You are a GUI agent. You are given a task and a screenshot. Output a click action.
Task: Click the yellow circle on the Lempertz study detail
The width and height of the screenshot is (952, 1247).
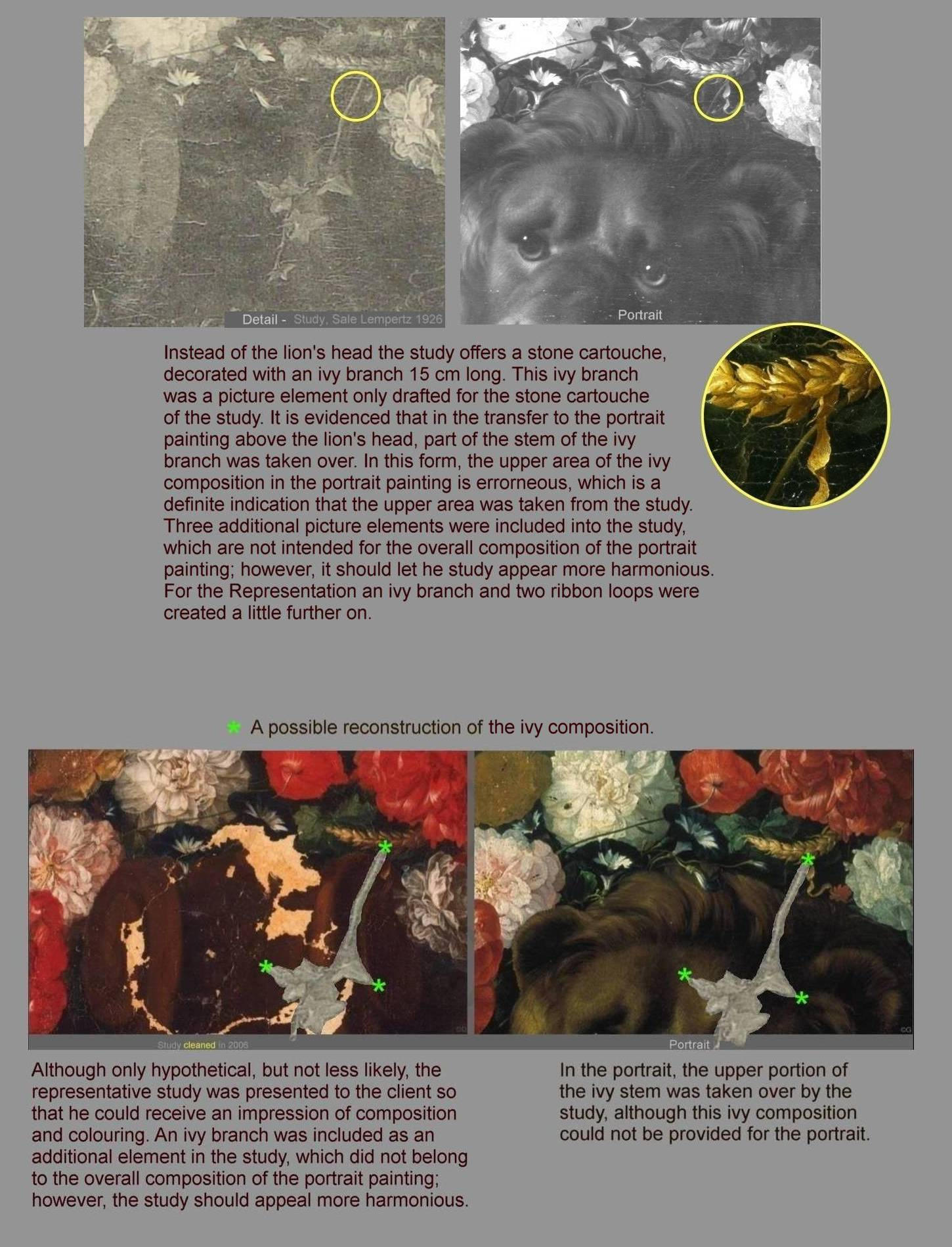tap(355, 97)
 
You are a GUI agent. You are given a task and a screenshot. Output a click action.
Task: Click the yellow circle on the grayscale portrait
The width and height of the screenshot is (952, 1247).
tap(718, 98)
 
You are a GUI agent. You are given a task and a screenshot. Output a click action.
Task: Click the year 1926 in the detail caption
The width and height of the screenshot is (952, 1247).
tap(429, 319)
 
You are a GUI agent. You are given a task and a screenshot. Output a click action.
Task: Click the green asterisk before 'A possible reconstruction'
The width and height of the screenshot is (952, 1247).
tap(233, 727)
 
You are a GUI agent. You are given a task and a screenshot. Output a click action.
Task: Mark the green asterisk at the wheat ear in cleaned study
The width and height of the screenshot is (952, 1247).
tap(385, 847)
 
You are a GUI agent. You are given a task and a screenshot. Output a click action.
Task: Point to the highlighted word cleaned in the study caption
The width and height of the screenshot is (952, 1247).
tap(200, 1045)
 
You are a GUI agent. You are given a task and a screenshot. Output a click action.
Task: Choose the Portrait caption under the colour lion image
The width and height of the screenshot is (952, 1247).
tap(689, 1044)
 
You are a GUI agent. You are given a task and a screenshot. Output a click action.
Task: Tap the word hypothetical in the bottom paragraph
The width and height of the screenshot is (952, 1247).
tap(201, 1070)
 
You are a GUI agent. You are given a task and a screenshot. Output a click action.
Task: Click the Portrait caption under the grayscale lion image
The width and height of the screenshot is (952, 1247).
tap(639, 315)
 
